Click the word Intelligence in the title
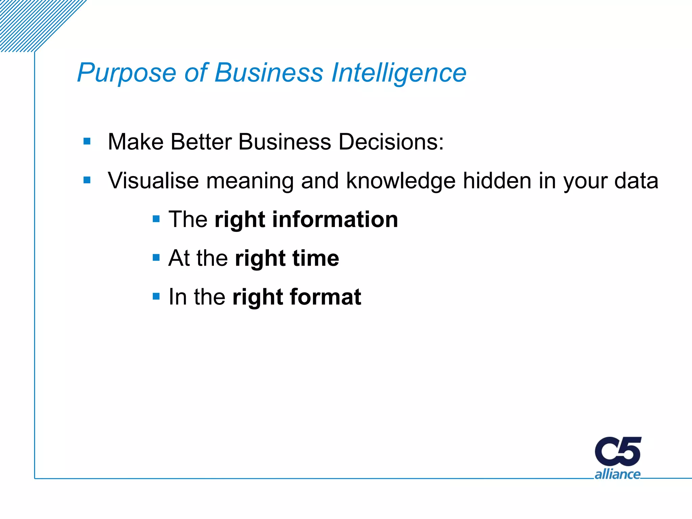tap(399, 73)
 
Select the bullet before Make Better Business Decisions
tap(87, 141)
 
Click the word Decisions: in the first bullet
tap(391, 142)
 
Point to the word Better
tap(201, 142)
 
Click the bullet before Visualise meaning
tap(87, 180)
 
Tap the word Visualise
tap(153, 180)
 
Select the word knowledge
tap(401, 181)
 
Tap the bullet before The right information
tap(156, 219)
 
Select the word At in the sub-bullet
tap(179, 258)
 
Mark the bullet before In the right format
tap(156, 297)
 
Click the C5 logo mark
tap(618, 451)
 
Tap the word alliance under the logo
tap(617, 474)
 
